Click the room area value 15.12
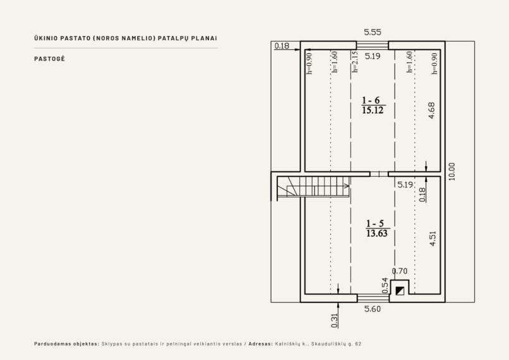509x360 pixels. click(x=373, y=111)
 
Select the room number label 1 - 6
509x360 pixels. click(x=371, y=100)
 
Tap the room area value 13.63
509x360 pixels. click(x=377, y=234)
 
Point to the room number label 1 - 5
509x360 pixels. click(x=375, y=224)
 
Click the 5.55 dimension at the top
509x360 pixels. click(x=373, y=32)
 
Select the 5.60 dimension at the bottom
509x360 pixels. click(x=373, y=309)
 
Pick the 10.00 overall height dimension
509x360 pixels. click(x=452, y=172)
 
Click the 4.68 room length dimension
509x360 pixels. click(x=431, y=111)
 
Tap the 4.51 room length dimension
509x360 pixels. click(x=433, y=238)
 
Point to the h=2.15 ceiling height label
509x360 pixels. click(x=355, y=62)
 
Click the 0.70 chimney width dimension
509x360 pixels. click(x=400, y=271)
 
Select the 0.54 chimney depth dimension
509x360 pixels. click(x=385, y=285)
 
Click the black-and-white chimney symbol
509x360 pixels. click(x=400, y=291)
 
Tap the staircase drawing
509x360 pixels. click(x=313, y=187)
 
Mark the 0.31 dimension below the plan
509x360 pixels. click(x=335, y=320)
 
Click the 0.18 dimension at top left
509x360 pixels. click(x=282, y=45)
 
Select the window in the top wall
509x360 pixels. click(x=373, y=45)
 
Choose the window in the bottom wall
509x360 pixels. click(x=373, y=298)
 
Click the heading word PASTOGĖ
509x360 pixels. click(x=50, y=59)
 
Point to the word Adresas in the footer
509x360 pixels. click(x=261, y=344)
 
